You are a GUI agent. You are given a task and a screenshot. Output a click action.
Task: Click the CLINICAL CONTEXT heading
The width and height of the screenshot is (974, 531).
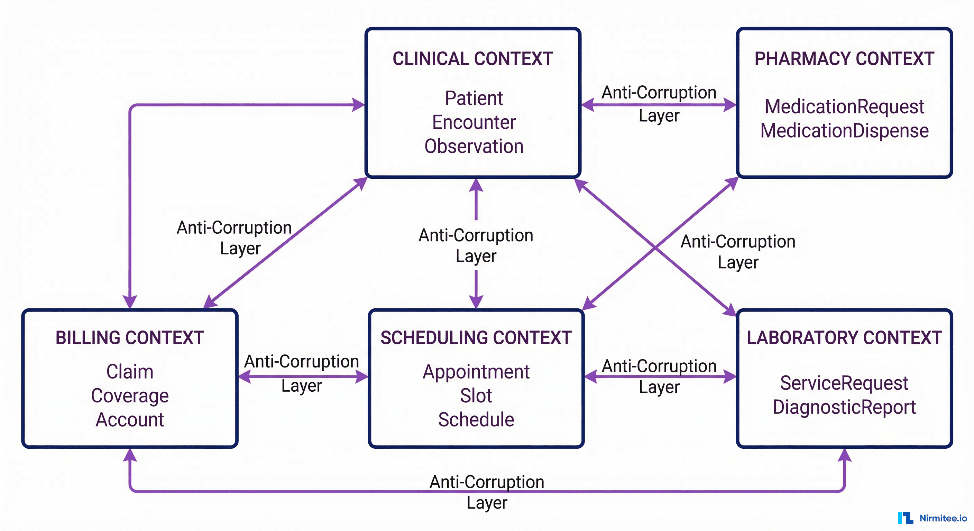click(472, 59)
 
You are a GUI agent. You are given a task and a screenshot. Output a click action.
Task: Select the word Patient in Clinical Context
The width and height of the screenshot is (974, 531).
click(474, 98)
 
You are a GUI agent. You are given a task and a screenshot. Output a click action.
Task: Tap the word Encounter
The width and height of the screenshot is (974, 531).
click(474, 122)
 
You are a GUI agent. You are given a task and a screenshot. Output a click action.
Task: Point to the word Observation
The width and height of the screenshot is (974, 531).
click(474, 147)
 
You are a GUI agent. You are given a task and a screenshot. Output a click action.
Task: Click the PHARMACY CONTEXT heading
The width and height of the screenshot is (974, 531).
click(844, 59)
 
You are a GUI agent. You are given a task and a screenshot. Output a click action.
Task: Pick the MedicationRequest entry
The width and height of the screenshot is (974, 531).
click(844, 106)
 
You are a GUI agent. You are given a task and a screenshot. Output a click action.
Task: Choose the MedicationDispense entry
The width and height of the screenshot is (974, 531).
click(844, 131)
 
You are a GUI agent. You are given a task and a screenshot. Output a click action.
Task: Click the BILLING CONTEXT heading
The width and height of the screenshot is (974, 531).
click(130, 338)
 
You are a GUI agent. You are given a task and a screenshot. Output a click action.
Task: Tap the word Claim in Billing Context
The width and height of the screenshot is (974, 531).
click(130, 372)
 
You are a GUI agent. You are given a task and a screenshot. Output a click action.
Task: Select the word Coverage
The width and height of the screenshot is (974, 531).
click(130, 396)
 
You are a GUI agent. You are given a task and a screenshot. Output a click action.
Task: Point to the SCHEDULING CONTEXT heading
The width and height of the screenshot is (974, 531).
click(476, 338)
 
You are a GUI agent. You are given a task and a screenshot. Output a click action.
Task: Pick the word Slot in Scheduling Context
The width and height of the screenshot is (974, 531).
click(476, 396)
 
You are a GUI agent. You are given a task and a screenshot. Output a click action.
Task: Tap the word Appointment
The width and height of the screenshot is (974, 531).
click(476, 372)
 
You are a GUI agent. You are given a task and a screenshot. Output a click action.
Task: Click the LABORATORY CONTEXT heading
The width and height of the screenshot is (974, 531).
click(844, 338)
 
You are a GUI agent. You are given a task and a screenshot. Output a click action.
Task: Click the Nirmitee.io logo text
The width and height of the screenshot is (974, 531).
click(943, 518)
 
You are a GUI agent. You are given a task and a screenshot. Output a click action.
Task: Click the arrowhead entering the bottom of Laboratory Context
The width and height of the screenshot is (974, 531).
click(844, 455)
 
